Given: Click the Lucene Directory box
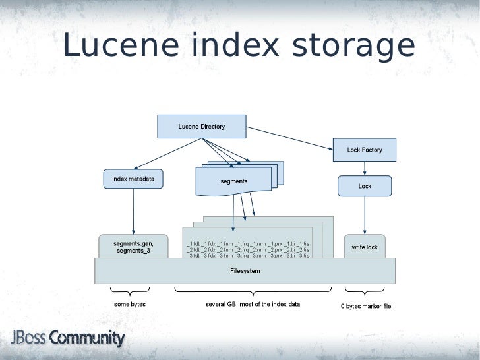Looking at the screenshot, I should [x=201, y=127].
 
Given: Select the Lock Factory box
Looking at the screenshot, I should [x=365, y=150].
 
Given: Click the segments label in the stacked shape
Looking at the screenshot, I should [x=233, y=181].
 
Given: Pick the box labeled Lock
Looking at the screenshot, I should [x=365, y=186].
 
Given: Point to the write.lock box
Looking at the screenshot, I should [x=365, y=247].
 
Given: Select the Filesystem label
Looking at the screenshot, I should [x=245, y=271].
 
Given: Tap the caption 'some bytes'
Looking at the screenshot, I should [x=130, y=304].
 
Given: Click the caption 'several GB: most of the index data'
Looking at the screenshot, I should [x=253, y=304].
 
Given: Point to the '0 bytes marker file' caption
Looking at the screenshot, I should [x=365, y=306].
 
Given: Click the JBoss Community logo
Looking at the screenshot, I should [x=67, y=339].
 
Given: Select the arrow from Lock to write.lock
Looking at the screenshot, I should [x=365, y=215].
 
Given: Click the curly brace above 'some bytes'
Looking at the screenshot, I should [x=130, y=291].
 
